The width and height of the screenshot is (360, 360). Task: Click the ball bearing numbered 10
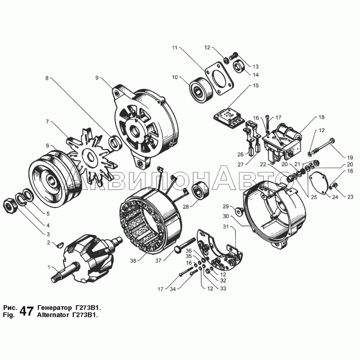coord(201,90)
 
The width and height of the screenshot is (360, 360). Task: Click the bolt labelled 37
coord(185,246)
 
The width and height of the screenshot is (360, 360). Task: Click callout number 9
coord(97,78)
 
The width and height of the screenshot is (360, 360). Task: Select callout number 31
coord(226,227)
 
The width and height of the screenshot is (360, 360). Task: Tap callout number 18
coord(322,117)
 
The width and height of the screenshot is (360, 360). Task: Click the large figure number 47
coord(27,311)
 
